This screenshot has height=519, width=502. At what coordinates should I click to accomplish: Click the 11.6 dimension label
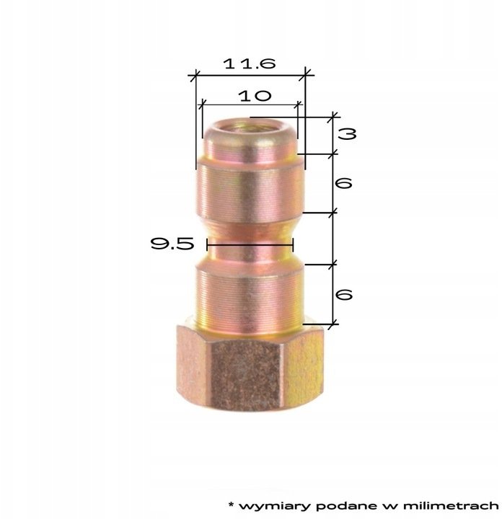pos(250,63)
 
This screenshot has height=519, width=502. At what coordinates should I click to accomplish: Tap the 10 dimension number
pos(255,96)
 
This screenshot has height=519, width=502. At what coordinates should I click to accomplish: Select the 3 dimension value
pos(347,134)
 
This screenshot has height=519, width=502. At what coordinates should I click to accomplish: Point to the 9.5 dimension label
pos(172,244)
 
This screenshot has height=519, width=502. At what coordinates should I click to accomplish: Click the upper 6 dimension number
pos(344,183)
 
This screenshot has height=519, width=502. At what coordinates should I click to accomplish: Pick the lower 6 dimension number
pos(344,294)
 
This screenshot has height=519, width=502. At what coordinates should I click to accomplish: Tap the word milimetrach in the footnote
pos(451,505)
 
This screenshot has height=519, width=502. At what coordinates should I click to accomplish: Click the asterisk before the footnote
pos(231,505)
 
